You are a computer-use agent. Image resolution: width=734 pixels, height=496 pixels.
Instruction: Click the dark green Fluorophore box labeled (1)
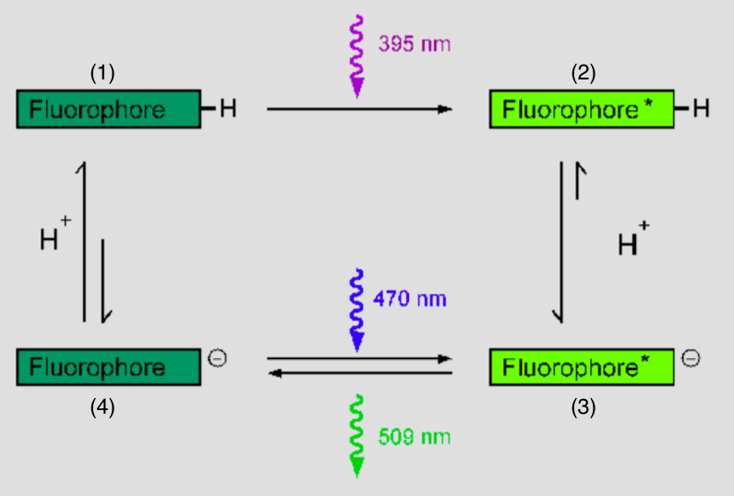click(108, 109)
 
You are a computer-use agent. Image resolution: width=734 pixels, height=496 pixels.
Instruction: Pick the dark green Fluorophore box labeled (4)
click(108, 367)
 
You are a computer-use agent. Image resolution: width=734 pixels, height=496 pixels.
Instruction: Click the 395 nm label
click(415, 44)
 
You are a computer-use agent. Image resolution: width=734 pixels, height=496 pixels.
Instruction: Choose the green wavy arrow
click(356, 434)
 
